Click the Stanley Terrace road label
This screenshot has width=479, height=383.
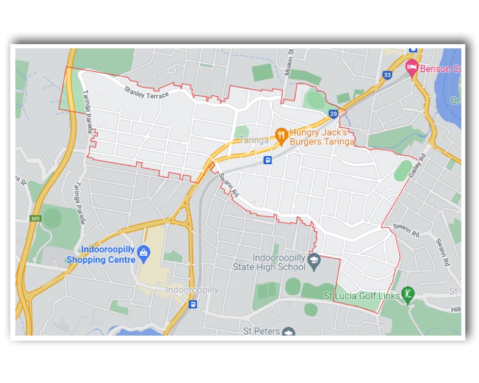pyautogui.click(x=147, y=92)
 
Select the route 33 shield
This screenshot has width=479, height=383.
pyautogui.click(x=387, y=75)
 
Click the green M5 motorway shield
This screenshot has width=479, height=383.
pyautogui.click(x=35, y=218)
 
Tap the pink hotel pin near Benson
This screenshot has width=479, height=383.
pyautogui.click(x=411, y=68)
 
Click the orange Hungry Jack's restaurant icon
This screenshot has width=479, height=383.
pyautogui.click(x=281, y=136)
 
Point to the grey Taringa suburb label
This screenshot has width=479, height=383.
pyautogui.click(x=254, y=140)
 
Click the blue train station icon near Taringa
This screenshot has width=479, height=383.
pyautogui.click(x=268, y=160)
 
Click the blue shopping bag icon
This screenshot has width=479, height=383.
pyautogui.click(x=143, y=253)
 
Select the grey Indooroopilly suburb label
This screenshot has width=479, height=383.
pyautogui.click(x=192, y=290)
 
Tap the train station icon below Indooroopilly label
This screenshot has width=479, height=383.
pyautogui.click(x=193, y=304)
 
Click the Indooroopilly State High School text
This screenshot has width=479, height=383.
pyautogui.click(x=269, y=262)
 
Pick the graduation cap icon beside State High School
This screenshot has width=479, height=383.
pyautogui.click(x=314, y=261)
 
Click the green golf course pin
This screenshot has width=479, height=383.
pyautogui.click(x=408, y=293)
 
